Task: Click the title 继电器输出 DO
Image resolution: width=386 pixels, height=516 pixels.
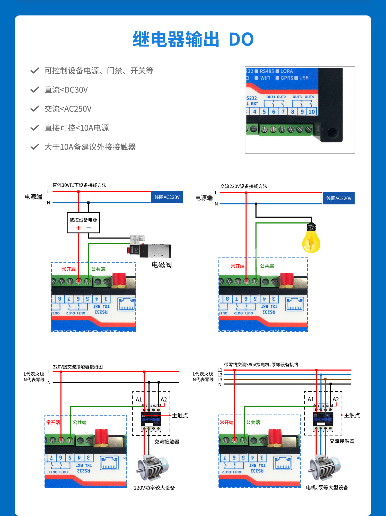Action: point(193,39)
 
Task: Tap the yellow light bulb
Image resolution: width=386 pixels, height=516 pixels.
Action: point(311,239)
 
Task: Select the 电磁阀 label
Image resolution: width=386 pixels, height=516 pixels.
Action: point(162,265)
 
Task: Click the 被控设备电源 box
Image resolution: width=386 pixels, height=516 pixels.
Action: point(83,223)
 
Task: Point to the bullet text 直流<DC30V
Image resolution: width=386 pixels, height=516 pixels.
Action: point(66,90)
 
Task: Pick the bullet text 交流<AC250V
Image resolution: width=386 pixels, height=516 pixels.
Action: point(68,109)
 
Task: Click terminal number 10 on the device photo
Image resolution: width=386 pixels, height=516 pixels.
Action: point(311,112)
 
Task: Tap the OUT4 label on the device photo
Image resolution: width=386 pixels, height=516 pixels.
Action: point(309,97)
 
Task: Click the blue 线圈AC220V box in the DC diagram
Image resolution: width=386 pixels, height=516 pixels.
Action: point(167,197)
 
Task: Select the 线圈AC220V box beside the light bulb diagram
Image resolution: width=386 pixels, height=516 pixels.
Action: point(339,198)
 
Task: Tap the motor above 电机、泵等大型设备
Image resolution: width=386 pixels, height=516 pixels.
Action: point(325,467)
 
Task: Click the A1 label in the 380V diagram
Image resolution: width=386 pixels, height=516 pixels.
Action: point(311,399)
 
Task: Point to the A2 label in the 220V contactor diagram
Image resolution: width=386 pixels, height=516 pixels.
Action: point(164,400)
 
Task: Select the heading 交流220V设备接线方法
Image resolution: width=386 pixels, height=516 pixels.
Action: point(244,186)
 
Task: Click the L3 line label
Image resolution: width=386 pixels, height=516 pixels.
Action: point(220,380)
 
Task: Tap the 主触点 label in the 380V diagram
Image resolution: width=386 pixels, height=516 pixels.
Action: point(352,415)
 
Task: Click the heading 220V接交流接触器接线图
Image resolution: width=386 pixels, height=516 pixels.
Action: point(78,367)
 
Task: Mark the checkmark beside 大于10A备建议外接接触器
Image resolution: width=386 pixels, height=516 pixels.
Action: point(35,147)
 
